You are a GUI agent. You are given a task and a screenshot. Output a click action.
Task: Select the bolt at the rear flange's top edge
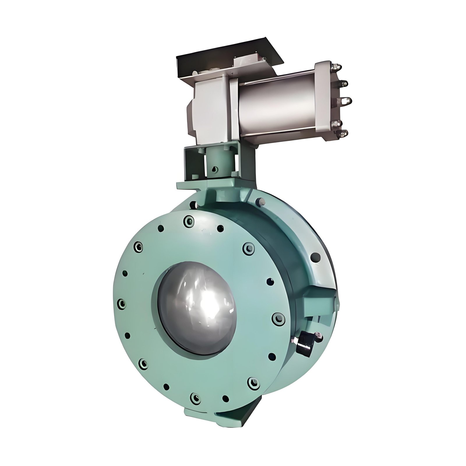coord(259,202)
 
